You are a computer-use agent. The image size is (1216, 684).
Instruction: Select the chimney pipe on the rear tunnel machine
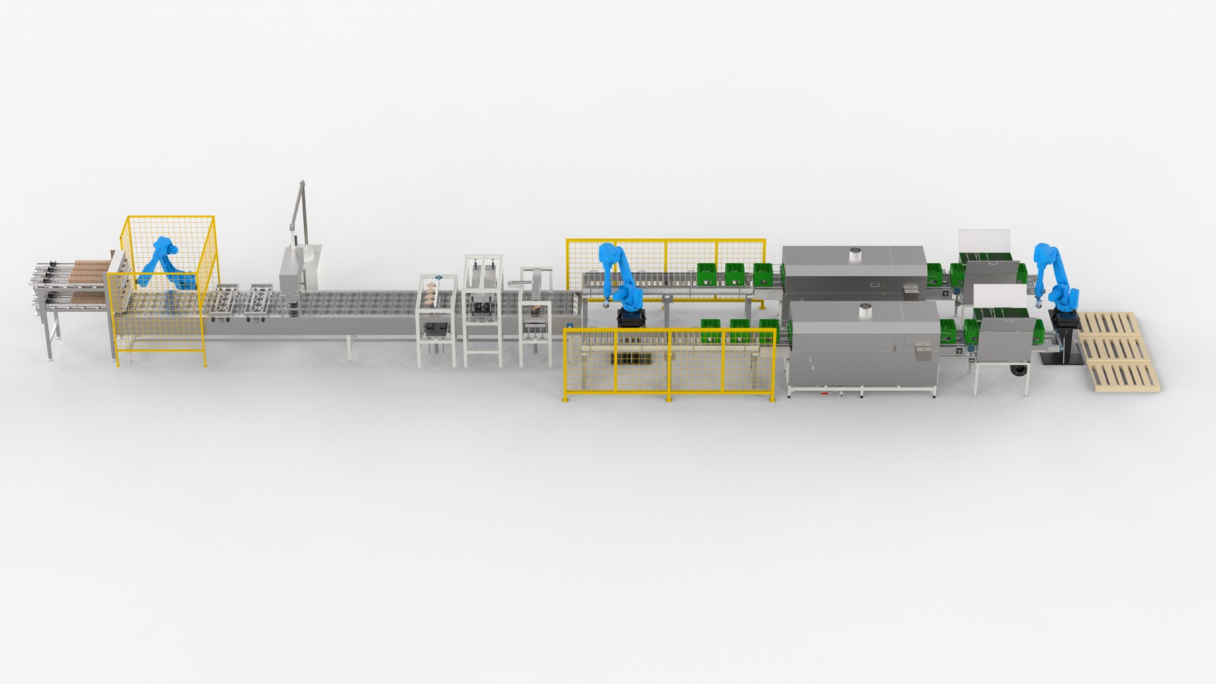(x=855, y=255)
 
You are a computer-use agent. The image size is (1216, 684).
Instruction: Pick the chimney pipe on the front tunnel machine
(x=866, y=311)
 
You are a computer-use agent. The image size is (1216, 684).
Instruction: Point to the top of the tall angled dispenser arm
(x=302, y=185)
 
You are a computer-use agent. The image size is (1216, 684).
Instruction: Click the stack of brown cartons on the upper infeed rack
(x=89, y=271)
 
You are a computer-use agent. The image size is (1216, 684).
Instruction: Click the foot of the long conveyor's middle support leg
(x=350, y=360)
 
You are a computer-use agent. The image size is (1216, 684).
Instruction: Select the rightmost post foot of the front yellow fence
(x=771, y=399)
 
